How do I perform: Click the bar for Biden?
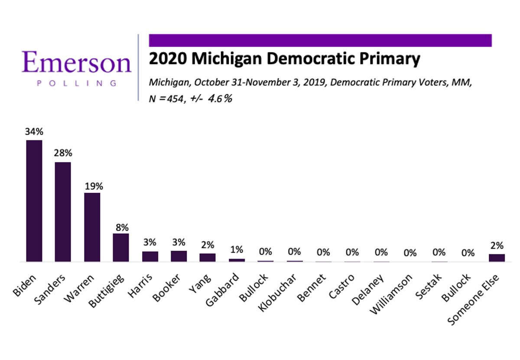pos(34,201)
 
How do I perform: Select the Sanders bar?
pos(63,212)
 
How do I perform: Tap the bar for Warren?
pos(92,227)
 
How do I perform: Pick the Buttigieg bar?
pos(121,248)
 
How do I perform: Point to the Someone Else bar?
pos(497,258)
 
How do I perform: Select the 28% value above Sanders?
pos(63,153)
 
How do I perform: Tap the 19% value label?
pos(92,186)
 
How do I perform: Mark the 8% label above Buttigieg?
pos(121,227)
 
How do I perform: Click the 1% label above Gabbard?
pos(237,250)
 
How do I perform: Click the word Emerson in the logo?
pos(76,62)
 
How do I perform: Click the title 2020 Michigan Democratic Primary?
pos(284,59)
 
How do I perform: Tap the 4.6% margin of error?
pos(220,98)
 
